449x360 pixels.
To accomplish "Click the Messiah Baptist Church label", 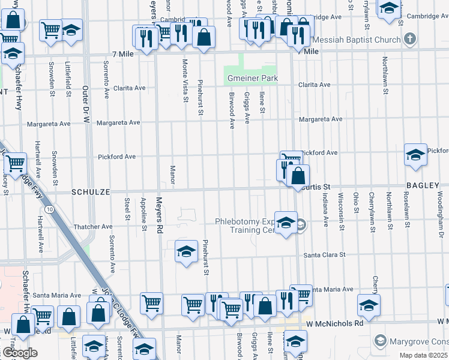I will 358,40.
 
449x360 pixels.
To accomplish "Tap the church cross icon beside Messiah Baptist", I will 410,40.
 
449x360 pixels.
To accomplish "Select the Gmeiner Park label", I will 252,79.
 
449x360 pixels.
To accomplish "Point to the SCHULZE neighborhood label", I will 91,192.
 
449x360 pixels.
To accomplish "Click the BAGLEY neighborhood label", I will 423,186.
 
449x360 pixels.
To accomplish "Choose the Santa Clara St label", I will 325,254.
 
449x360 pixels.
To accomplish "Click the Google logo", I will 20,353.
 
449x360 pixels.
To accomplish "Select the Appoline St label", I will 143,213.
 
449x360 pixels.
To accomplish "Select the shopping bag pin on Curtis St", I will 298,176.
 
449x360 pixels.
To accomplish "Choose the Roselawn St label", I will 406,210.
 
